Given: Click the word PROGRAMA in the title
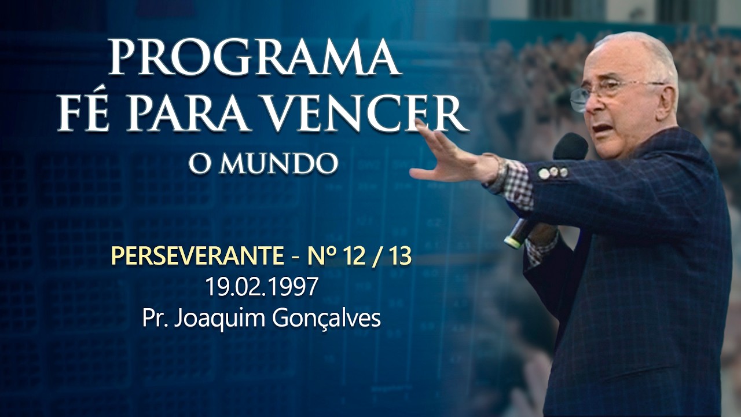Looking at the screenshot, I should pos(255,58).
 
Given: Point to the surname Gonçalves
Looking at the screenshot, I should pos(327,319).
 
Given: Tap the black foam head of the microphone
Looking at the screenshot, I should pos(570,147).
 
